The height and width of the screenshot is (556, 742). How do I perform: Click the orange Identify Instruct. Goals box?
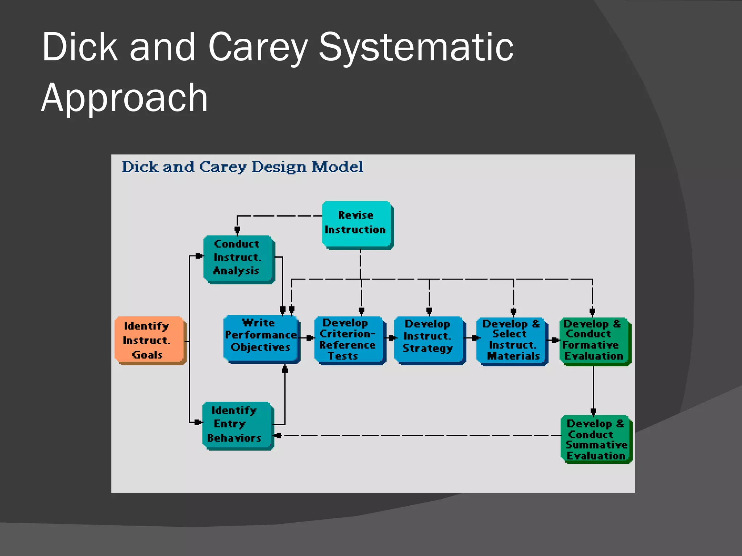coord(150,340)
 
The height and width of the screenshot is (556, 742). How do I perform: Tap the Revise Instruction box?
coord(357,224)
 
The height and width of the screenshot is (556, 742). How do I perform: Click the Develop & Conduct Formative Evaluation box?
coord(594,340)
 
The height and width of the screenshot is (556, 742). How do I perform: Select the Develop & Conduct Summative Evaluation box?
coord(596,439)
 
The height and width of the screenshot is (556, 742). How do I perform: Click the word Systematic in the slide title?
coord(416,47)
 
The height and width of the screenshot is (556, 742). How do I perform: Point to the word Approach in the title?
coord(124,98)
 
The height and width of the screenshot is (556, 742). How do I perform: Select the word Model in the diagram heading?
coord(337,167)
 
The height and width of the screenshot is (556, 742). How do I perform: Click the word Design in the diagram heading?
coord(279,167)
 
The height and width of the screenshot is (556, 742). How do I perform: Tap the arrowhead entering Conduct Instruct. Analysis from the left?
coord(199,256)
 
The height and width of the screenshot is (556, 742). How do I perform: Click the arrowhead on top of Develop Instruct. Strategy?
coord(429,311)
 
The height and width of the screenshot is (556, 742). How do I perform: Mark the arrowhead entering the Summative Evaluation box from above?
coord(593,412)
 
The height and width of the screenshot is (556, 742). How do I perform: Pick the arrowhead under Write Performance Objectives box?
coord(285,370)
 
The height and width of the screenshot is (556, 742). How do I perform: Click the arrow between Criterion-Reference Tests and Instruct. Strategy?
coord(391,338)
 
